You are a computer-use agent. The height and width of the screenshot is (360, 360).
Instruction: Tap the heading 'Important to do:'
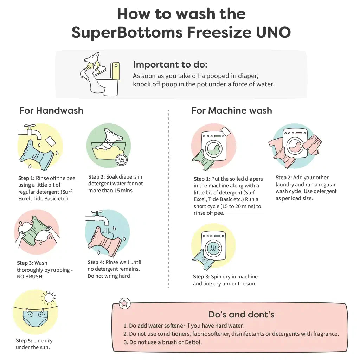click(x=170, y=65)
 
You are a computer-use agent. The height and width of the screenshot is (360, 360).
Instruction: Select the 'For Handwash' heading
click(x=51, y=110)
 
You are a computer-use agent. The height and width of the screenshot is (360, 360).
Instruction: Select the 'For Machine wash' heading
click(x=232, y=110)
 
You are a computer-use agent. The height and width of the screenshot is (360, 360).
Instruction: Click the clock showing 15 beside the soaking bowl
click(x=121, y=160)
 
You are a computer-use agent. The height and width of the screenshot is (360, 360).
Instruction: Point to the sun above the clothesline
click(x=48, y=298)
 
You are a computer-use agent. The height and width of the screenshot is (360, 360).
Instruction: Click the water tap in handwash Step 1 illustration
click(x=30, y=132)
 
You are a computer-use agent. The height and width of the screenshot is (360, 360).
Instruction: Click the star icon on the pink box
click(x=125, y=303)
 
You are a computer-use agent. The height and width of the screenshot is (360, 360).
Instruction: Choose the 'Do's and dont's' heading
click(x=242, y=314)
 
